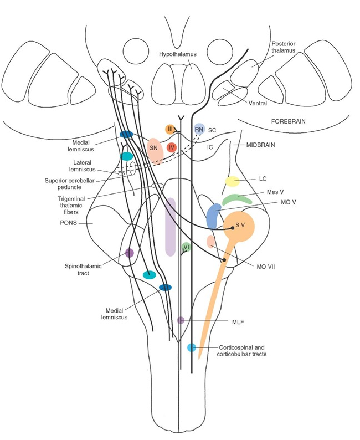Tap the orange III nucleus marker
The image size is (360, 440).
[x=171, y=130]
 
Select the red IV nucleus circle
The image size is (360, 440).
[x=172, y=148]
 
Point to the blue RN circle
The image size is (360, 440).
[x=199, y=129]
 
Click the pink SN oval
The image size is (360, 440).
[x=155, y=149]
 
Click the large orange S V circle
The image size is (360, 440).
[x=239, y=226]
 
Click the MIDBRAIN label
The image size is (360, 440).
[x=259, y=145]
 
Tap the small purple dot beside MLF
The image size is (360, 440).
[x=181, y=320]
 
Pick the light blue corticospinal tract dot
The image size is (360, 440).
[x=192, y=347]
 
